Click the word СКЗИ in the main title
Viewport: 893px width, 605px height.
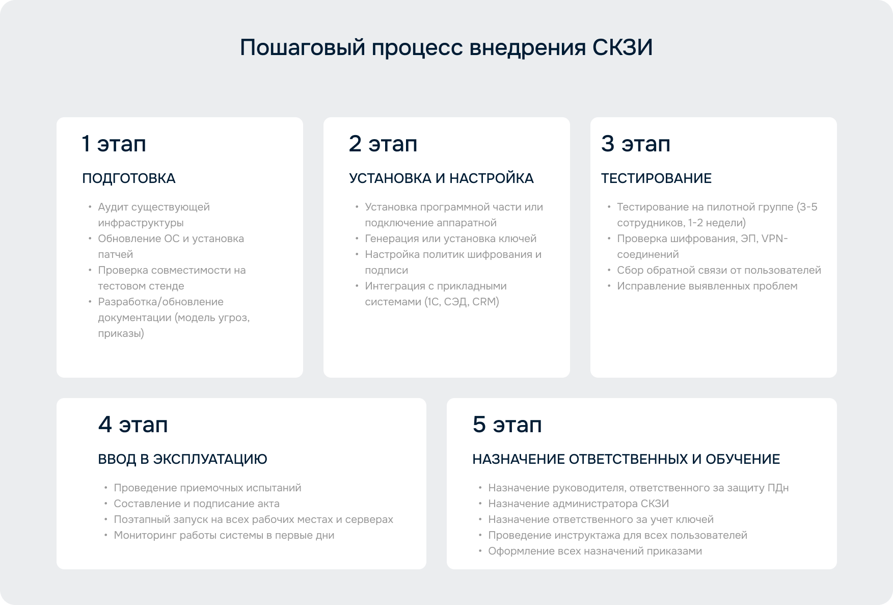click(622, 47)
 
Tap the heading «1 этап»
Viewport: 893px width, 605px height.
click(114, 144)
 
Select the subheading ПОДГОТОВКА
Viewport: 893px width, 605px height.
click(129, 178)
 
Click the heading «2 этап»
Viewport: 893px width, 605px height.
click(383, 144)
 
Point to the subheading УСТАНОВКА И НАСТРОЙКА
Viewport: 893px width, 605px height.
click(441, 178)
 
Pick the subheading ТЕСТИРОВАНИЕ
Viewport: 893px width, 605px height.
click(656, 178)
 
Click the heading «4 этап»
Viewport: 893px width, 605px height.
click(133, 425)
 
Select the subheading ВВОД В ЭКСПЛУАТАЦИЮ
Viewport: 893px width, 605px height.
click(182, 459)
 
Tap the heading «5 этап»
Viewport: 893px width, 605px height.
click(507, 425)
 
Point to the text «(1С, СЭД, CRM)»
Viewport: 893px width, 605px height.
click(462, 302)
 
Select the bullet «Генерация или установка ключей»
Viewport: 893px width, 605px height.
click(450, 239)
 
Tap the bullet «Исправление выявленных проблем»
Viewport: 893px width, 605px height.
click(707, 286)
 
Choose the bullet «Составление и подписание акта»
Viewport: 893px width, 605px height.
click(197, 504)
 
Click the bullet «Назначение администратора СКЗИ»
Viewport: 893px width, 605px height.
click(578, 504)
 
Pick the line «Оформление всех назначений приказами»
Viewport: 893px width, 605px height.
click(595, 551)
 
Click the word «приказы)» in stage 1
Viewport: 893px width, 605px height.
click(121, 333)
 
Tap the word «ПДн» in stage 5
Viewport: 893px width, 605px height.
click(778, 488)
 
